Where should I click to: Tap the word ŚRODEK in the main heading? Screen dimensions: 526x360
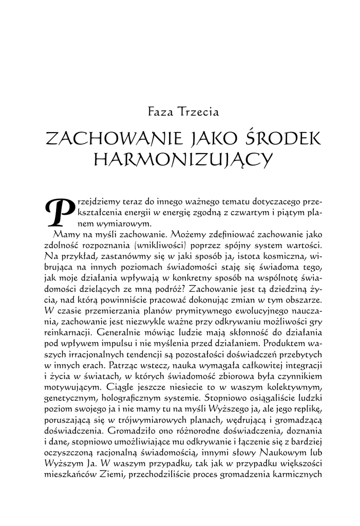coord(280,138)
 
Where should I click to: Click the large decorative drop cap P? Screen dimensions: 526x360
coord(58,210)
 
